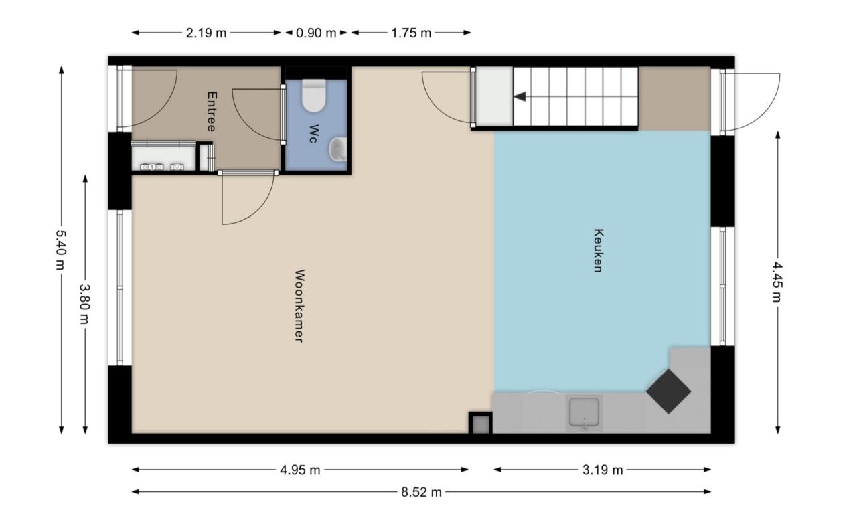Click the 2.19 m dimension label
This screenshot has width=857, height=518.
[x=206, y=33]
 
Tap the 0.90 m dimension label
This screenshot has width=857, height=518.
[x=316, y=33]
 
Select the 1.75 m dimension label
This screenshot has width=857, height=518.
[x=411, y=33]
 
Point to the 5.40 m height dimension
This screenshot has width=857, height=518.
[x=61, y=250]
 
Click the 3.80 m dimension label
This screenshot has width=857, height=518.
[x=84, y=303]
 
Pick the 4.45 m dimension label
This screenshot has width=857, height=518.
[x=777, y=282]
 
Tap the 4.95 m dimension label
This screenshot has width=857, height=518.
[x=300, y=470]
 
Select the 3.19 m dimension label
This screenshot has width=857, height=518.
[x=603, y=470]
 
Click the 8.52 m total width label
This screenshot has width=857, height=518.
[x=421, y=492]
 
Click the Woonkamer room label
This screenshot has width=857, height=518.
[x=299, y=306]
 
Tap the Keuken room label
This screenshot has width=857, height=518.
[x=598, y=250]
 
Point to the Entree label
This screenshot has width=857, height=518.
[x=212, y=111]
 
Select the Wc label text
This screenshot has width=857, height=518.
[x=313, y=134]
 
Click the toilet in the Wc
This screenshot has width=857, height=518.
[x=314, y=96]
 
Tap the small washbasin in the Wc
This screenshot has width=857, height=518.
[x=338, y=149]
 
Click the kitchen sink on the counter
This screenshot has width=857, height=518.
[x=585, y=412]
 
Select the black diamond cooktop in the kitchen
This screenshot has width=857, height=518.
[x=669, y=392]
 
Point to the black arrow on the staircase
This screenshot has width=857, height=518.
[x=520, y=97]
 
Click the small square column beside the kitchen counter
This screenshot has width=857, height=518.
[x=481, y=423]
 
